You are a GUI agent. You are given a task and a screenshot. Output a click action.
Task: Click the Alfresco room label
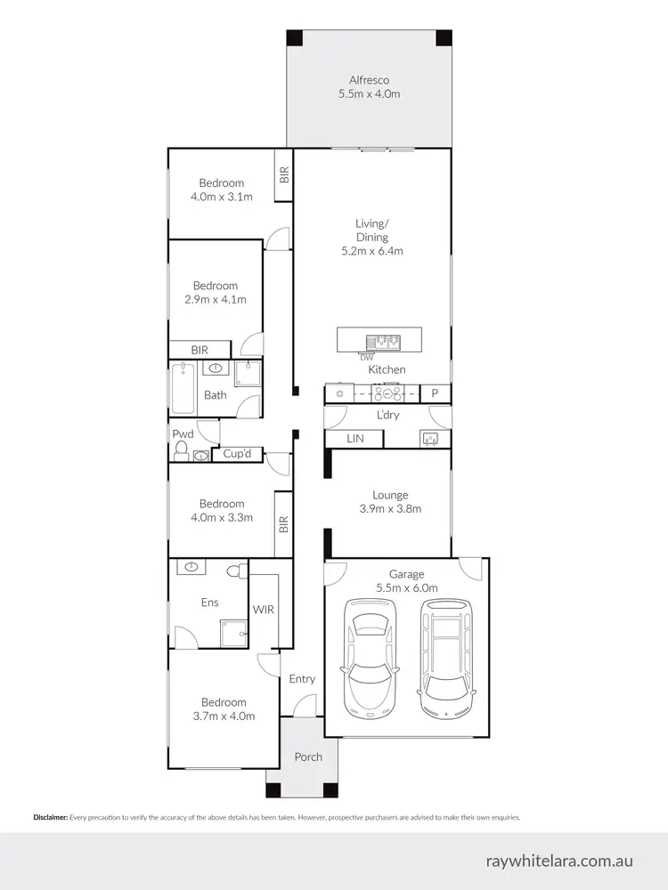pos(369,80)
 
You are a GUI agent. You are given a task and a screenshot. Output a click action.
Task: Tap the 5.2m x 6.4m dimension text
pos(371,251)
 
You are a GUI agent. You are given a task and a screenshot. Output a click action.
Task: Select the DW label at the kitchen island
pos(366,358)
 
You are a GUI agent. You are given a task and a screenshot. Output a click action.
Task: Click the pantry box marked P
pos(436,393)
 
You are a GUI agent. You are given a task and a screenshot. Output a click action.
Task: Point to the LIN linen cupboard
pos(354,439)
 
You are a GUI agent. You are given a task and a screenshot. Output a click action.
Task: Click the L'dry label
pos(387,416)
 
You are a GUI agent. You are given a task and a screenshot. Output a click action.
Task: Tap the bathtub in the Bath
pos(183,388)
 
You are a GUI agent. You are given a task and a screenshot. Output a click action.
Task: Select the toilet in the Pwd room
pos(182,455)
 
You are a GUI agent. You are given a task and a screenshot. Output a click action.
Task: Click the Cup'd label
pos(237,454)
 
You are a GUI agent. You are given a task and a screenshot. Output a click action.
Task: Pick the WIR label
pos(263,611)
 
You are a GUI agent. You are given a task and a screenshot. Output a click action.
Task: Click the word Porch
pos(308,757)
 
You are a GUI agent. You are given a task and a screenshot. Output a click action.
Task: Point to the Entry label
pos(302,679)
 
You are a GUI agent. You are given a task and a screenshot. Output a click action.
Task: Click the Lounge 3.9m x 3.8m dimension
pos(390,509)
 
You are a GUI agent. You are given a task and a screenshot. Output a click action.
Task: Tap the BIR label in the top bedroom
pos(284,174)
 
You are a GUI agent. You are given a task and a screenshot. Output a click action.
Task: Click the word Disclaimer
pos(50,817)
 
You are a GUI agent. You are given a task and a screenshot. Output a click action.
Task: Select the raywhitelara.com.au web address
pos(559,862)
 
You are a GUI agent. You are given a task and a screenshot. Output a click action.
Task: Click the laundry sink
pos(430,438)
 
